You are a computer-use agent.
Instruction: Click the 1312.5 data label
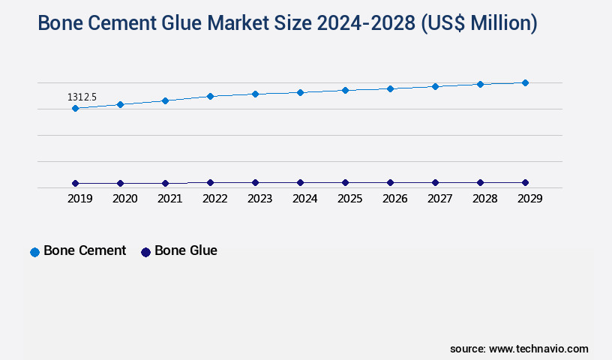point(82,97)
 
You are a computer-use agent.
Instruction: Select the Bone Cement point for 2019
point(75,109)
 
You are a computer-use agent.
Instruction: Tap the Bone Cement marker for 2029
point(525,82)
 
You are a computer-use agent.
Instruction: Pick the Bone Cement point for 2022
point(210,96)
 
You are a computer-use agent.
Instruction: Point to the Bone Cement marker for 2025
point(345,90)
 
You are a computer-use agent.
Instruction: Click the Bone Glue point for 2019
point(75,183)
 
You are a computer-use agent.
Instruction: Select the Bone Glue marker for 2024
point(300,182)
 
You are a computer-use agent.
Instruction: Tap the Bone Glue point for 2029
point(525,182)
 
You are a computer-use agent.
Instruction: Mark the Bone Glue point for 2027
point(435,182)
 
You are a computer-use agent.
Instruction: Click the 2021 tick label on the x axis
point(169,199)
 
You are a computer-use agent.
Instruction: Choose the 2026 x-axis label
point(394,199)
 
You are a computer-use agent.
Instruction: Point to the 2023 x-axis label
point(259,199)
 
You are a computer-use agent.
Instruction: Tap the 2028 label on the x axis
point(484,199)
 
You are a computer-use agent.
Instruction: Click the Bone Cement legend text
point(85,250)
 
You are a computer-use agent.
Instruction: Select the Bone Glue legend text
point(186,250)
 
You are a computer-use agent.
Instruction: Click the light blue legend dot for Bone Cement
point(34,252)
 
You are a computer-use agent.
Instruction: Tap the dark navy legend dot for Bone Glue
point(145,252)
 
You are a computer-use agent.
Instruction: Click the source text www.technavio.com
point(538,349)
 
